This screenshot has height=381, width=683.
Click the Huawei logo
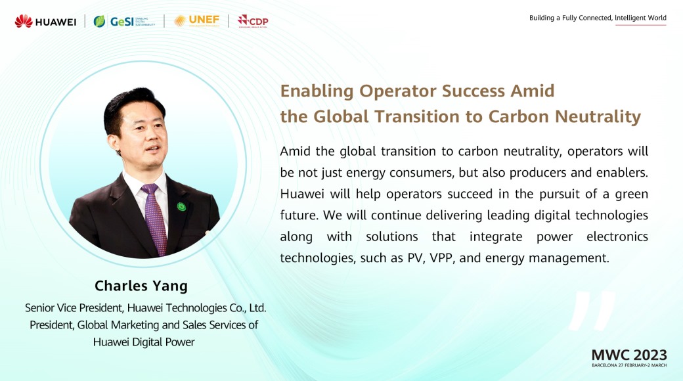pos(45,22)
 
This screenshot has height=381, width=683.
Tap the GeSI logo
pos(124,22)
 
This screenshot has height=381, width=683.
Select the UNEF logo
pos(196,21)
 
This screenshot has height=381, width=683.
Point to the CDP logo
pos(253,22)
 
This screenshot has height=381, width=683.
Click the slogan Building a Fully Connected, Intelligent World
pos(598,18)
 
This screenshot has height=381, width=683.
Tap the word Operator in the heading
pos(398,91)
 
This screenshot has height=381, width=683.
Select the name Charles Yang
pos(141,286)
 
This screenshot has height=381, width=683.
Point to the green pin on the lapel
pos(181,206)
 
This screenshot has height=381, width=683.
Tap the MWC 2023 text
pos(629,355)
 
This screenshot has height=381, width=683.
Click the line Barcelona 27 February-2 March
pos(629,365)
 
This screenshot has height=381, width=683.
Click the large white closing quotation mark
pos(592,310)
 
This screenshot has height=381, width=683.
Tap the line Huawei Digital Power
pos(144,342)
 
